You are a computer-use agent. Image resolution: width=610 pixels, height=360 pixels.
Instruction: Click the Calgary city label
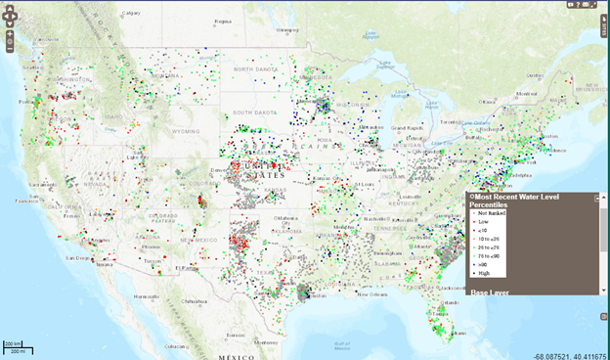tap(131, 14)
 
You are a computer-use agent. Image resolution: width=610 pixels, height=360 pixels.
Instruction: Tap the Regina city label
tap(224, 20)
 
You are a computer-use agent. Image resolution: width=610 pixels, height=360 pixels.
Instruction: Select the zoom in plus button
tap(9, 35)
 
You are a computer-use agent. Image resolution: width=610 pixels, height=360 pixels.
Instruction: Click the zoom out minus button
tap(9, 47)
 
